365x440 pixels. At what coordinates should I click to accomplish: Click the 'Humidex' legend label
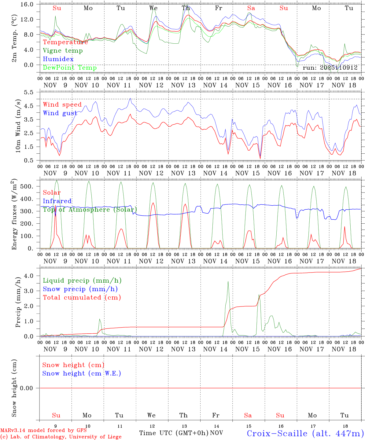pyautogui.click(x=58, y=59)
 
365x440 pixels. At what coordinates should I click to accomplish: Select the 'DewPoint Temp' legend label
pyautogui.click(x=70, y=68)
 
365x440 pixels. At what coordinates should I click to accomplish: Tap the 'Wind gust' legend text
pyautogui.click(x=60, y=113)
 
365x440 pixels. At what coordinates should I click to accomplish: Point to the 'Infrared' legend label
pyautogui.click(x=57, y=201)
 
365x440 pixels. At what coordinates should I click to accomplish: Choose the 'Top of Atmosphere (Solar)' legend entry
pyautogui.click(x=90, y=210)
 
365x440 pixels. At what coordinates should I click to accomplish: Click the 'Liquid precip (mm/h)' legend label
pyautogui.click(x=82, y=280)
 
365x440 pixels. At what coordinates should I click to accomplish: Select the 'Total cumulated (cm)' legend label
pyautogui.click(x=82, y=298)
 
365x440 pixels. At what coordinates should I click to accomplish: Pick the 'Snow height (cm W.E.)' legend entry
pyautogui.click(x=82, y=373)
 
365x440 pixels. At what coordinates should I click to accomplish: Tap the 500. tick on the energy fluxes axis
pyautogui.click(x=30, y=186)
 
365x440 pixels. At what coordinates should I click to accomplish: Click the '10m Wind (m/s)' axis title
pyautogui.click(x=18, y=128)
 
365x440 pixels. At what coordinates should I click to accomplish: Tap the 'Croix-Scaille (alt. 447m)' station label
pyautogui.click(x=305, y=433)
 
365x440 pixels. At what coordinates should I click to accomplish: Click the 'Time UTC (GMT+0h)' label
pyautogui.click(x=174, y=433)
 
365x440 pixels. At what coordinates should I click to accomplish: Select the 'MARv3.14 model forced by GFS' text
pyautogui.click(x=43, y=431)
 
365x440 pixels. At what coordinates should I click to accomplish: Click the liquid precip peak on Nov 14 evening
pyautogui.click(x=228, y=282)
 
